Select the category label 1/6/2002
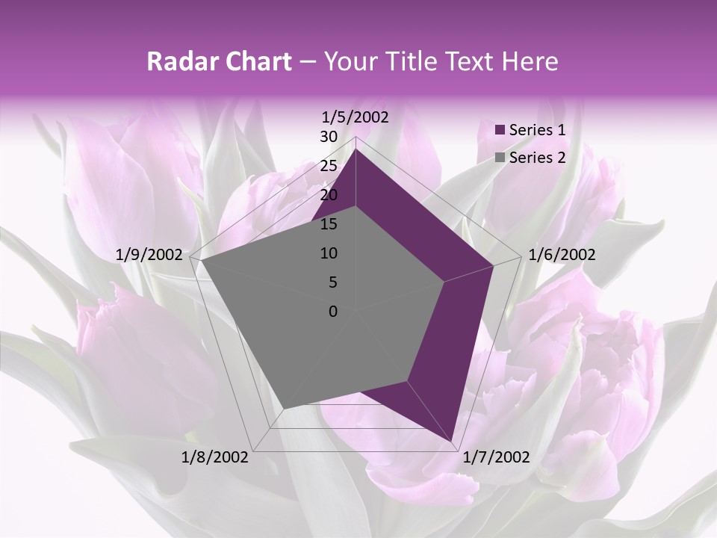[x=562, y=255]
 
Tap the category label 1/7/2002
[x=497, y=457]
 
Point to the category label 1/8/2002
[x=215, y=457]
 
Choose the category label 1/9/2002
[x=149, y=255]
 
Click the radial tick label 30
[x=329, y=137]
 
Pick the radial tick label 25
[x=329, y=166]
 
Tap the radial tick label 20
[x=329, y=195]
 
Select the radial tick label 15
[x=329, y=224]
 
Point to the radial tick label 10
[x=329, y=253]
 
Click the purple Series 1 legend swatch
[x=500, y=131]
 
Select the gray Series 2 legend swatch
[x=500, y=158]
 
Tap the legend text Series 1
[x=537, y=130]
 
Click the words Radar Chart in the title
[x=219, y=62]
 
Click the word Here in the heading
[x=530, y=62]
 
